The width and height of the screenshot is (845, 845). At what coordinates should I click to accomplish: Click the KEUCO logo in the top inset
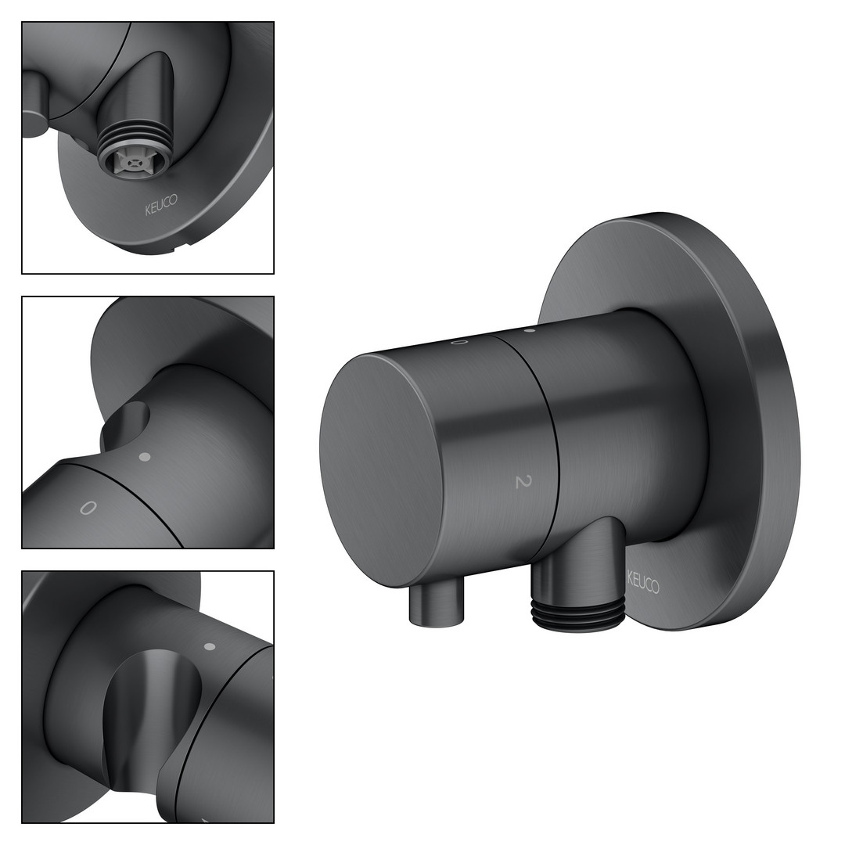[x=160, y=205]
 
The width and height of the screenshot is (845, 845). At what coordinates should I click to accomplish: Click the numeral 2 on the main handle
[x=522, y=481]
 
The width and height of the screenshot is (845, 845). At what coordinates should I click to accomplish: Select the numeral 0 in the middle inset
[x=88, y=508]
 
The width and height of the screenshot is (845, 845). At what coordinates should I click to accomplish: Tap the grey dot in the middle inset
[x=144, y=457]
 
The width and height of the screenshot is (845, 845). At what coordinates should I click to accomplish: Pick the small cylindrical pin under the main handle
[x=437, y=604]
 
